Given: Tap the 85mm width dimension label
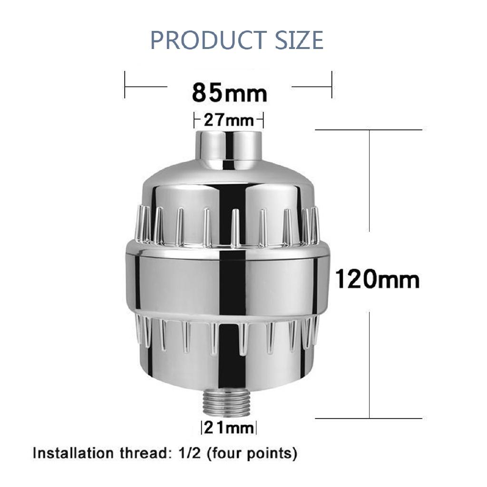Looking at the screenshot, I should [x=229, y=93].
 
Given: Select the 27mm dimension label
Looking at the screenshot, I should [x=229, y=120].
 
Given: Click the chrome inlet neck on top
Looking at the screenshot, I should [x=228, y=145].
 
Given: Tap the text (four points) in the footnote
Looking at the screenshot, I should [x=247, y=453].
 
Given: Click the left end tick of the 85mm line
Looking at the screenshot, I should [x=125, y=86].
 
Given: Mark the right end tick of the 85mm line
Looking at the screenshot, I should [x=331, y=86].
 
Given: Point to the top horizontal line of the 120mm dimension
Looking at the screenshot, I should [x=369, y=129].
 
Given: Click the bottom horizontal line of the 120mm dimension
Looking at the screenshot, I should [x=369, y=419].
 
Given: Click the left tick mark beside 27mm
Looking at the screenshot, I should [x=195, y=120].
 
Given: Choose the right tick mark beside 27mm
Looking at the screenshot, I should [x=263, y=120].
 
